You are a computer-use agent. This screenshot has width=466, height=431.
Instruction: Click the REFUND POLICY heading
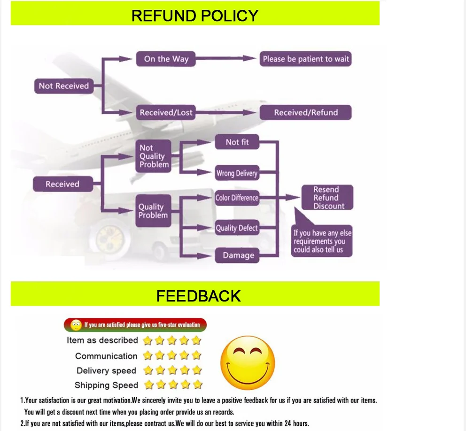click(194, 15)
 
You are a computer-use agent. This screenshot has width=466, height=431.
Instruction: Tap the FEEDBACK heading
click(198, 296)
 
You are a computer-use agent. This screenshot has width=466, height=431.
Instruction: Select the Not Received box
click(63, 86)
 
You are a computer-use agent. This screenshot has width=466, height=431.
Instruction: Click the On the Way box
click(166, 59)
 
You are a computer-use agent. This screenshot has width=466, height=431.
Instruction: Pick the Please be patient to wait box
click(306, 59)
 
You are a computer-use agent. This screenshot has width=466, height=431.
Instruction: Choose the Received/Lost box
click(166, 113)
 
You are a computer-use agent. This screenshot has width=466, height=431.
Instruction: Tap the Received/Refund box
click(306, 113)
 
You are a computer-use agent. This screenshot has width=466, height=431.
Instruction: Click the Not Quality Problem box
click(153, 156)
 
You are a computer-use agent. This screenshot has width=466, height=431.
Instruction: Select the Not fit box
click(237, 142)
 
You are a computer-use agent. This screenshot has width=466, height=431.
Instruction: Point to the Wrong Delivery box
click(237, 173)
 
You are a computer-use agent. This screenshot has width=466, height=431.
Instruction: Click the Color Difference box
click(237, 198)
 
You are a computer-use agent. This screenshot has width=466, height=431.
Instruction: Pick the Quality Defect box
click(237, 228)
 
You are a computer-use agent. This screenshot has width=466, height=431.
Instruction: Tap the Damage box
click(238, 255)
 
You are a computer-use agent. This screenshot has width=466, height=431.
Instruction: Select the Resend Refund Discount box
click(327, 198)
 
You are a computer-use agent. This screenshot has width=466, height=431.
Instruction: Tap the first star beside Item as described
click(148, 340)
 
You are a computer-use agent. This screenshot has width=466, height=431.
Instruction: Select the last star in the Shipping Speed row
click(198, 385)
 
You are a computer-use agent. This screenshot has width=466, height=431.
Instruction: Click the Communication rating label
click(106, 356)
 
